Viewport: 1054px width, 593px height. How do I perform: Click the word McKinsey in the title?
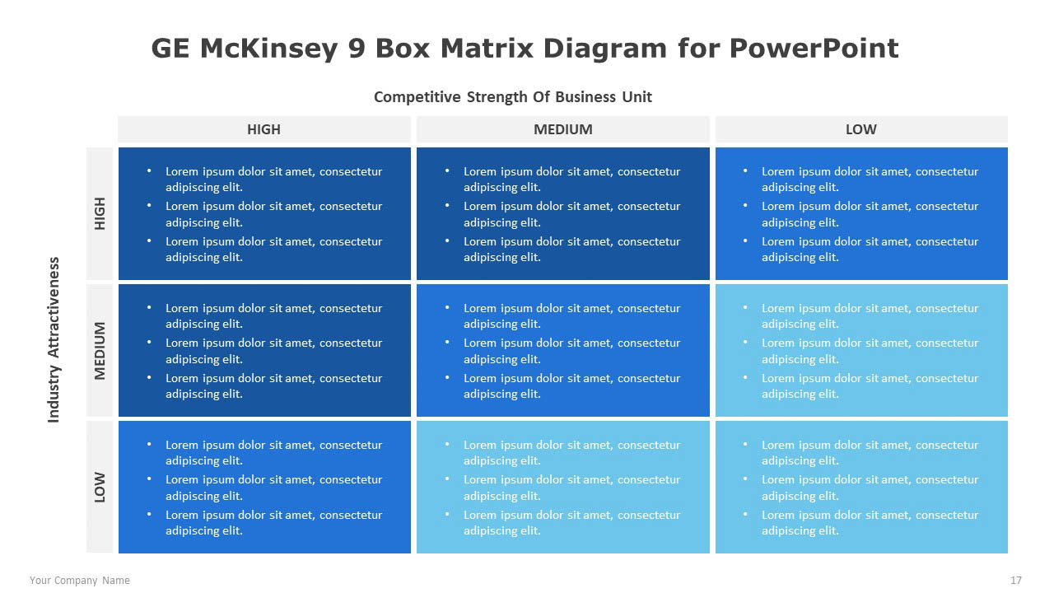[x=269, y=49]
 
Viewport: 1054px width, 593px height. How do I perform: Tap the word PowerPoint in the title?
[x=814, y=48]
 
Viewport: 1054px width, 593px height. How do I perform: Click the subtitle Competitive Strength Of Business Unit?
[x=512, y=97]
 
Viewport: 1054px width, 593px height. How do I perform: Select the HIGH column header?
[x=264, y=129]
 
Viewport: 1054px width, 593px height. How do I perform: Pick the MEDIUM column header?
[x=562, y=129]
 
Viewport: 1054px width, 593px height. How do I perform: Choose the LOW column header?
[x=861, y=129]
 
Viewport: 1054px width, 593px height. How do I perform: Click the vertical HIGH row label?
[x=100, y=213]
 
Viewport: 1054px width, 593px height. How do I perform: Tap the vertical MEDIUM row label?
[x=100, y=351]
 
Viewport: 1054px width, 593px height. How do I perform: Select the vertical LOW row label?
[x=100, y=487]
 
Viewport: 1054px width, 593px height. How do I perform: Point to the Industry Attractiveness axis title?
[x=54, y=340]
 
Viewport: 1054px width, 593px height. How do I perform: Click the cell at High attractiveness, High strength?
[x=264, y=213]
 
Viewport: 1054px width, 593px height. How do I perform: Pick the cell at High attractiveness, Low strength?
[x=861, y=213]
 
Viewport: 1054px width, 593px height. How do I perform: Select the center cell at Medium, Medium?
[x=562, y=351]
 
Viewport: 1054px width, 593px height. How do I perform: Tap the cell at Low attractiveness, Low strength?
[x=861, y=487]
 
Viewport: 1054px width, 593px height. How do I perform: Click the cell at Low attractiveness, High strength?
[x=264, y=487]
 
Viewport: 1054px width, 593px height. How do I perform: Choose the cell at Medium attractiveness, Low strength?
[x=861, y=351]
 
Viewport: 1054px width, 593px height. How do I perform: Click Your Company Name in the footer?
[x=80, y=581]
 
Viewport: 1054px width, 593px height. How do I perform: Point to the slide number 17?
[x=1016, y=581]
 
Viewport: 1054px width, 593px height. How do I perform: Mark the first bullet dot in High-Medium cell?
[x=447, y=170]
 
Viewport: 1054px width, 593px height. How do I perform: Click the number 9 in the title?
[x=357, y=49]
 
